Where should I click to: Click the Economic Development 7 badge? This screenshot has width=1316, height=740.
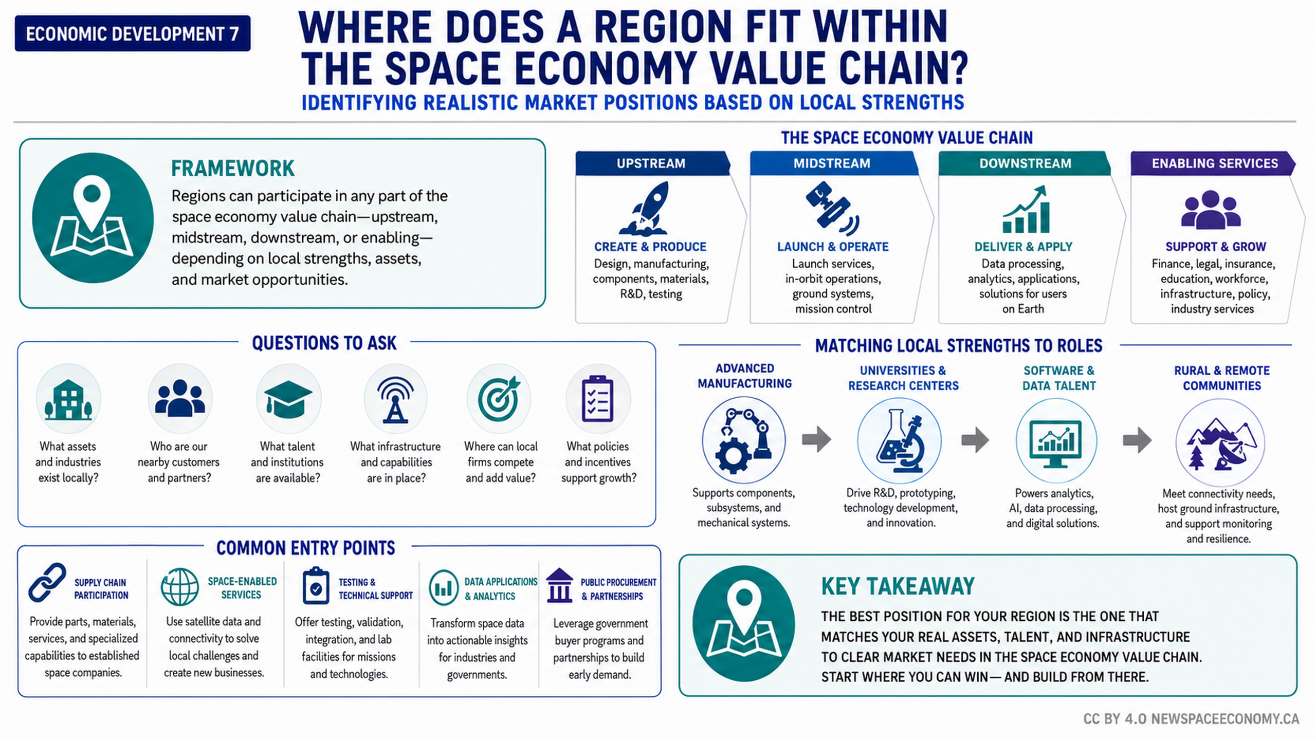(x=133, y=33)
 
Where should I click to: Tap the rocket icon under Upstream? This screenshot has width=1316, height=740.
(x=645, y=208)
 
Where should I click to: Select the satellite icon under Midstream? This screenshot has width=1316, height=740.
(x=832, y=208)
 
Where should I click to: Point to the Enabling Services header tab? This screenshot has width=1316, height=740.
(x=1213, y=163)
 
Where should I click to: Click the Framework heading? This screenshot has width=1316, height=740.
(x=232, y=169)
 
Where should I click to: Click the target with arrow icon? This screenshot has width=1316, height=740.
(x=499, y=399)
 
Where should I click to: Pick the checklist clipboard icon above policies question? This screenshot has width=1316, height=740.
(x=597, y=399)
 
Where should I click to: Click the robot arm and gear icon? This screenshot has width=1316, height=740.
(x=743, y=441)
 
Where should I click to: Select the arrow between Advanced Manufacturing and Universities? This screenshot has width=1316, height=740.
(x=816, y=439)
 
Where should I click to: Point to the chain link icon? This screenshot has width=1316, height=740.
(x=47, y=582)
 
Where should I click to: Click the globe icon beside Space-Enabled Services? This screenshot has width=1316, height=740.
(x=179, y=587)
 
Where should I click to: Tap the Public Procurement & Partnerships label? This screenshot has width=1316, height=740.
(x=618, y=589)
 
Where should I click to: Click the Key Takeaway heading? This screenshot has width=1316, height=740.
(x=898, y=586)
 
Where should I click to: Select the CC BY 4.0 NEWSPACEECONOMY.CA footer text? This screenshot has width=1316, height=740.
(x=1191, y=719)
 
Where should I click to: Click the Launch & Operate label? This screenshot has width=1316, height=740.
(x=833, y=247)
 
